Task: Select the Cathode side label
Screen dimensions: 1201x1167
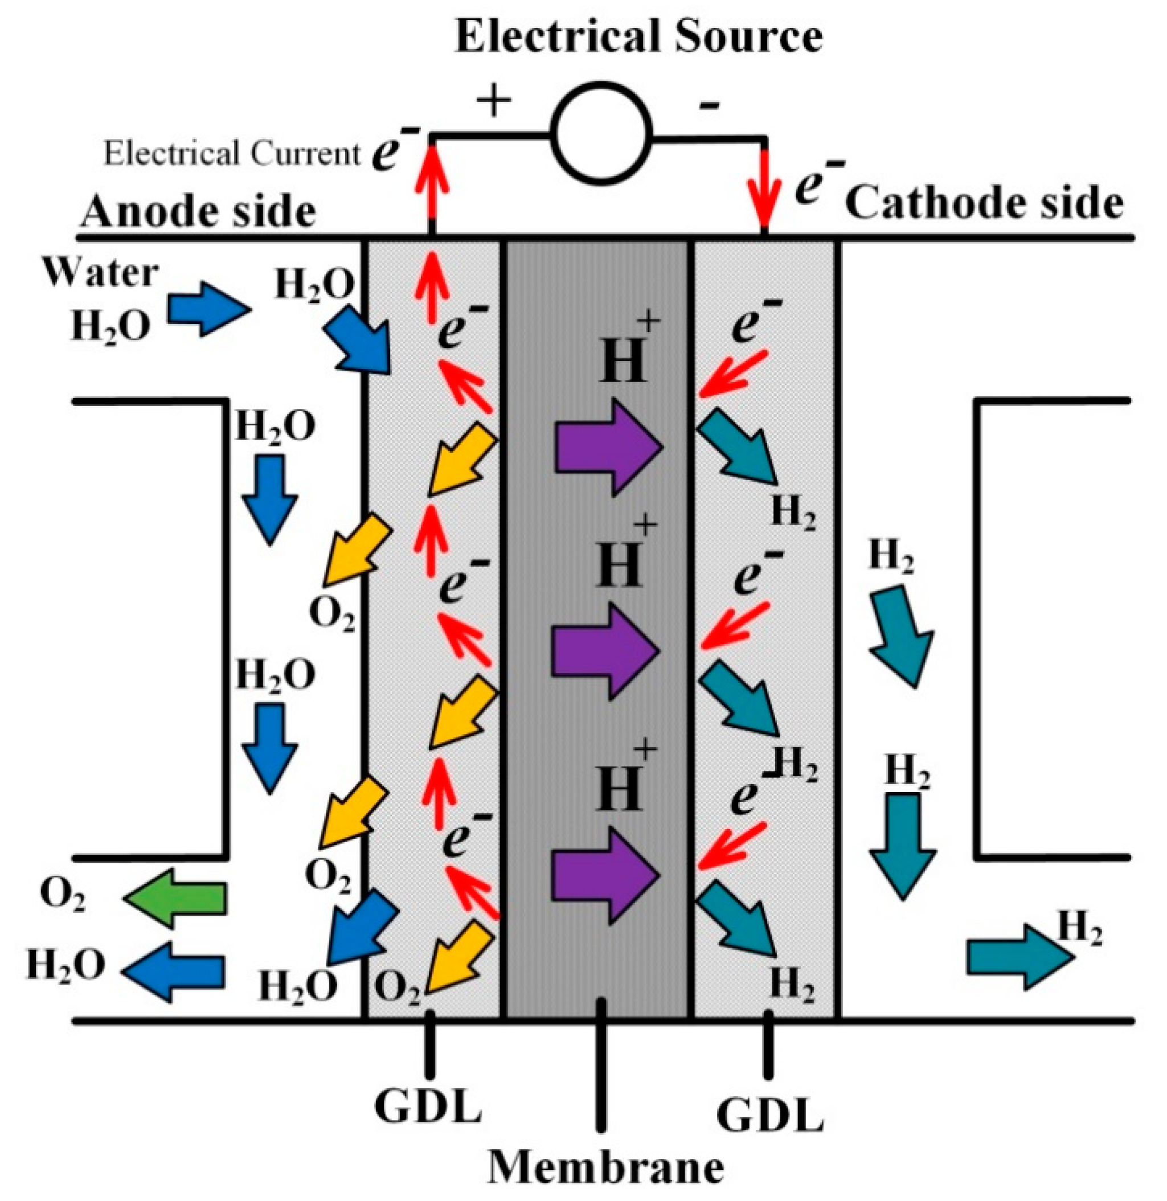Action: click(x=984, y=203)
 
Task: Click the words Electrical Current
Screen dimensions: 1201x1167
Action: click(x=232, y=153)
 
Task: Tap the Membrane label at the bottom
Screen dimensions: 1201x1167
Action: click(x=605, y=1168)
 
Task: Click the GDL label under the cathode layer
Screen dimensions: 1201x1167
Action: click(x=770, y=1132)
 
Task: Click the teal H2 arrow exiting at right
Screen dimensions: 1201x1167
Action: click(x=1019, y=958)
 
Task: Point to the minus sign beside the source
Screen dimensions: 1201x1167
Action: click(x=709, y=108)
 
